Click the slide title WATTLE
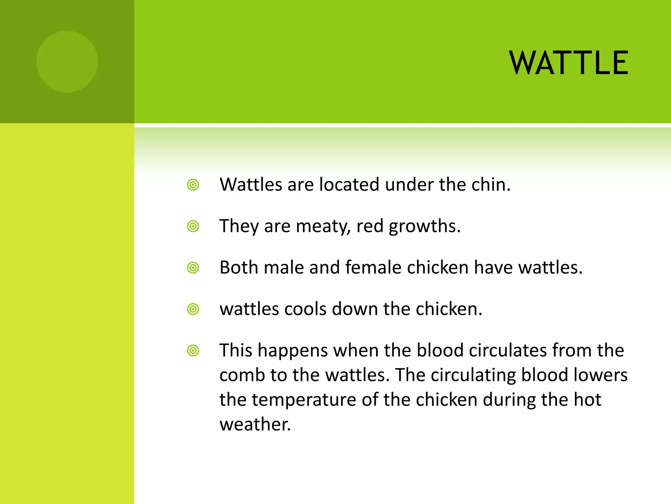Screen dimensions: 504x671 (569, 63)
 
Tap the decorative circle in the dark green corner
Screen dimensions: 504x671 (67, 62)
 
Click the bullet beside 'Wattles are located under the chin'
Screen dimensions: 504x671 (193, 185)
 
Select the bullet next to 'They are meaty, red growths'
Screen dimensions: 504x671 (193, 226)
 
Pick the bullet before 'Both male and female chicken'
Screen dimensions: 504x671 (193, 268)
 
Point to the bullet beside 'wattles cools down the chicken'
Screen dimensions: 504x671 (193, 309)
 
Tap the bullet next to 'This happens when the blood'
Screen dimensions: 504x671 (193, 350)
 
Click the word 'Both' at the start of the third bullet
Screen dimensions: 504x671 (239, 267)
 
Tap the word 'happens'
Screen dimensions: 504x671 (293, 351)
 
